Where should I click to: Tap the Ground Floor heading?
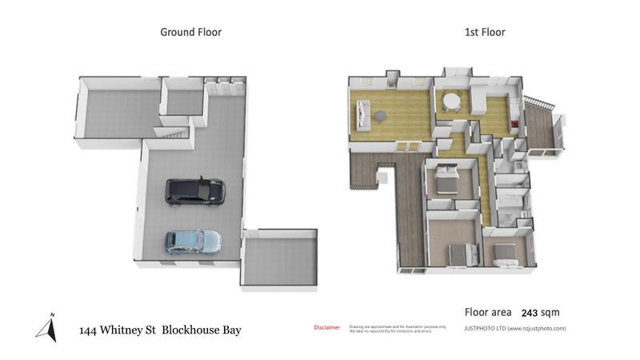[x=190, y=32]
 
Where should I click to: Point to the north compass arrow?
[x=48, y=327]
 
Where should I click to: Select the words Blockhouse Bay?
[x=202, y=330]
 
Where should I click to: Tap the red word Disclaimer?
[x=326, y=327]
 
